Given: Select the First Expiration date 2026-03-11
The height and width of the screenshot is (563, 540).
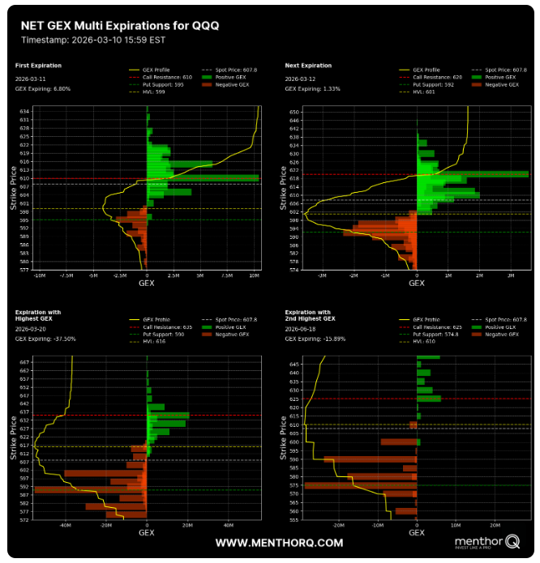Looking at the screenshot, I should [32, 78].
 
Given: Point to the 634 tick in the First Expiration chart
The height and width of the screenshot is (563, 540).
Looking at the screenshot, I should [24, 111].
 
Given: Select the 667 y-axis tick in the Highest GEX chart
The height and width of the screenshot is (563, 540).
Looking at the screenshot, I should [24, 362].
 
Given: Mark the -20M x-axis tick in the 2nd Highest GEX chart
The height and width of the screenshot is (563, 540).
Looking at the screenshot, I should [337, 525].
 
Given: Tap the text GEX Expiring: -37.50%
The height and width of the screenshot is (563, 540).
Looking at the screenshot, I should [45, 339].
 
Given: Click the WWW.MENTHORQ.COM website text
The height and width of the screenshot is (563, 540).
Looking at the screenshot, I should [279, 543].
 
